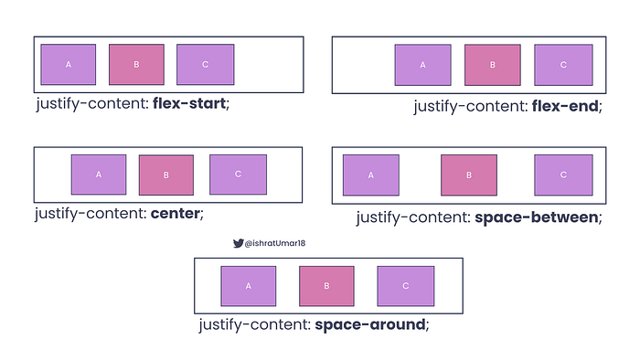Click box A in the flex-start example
pos(68,65)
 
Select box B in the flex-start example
pos(136,65)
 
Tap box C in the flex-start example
pos(205,65)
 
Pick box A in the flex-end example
pos(422,65)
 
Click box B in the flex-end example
pos(492,65)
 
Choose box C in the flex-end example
pos(562,65)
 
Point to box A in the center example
pos(99,174)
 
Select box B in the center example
pos(166,175)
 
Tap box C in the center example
pos(238,174)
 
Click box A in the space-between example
pos(371,175)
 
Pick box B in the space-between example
pos(469,175)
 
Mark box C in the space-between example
pos(562,175)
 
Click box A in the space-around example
pos(248,285)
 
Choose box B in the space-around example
pos(326,285)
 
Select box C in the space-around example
pos(405,285)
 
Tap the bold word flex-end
pos(564,106)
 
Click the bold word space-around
pos(369,324)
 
